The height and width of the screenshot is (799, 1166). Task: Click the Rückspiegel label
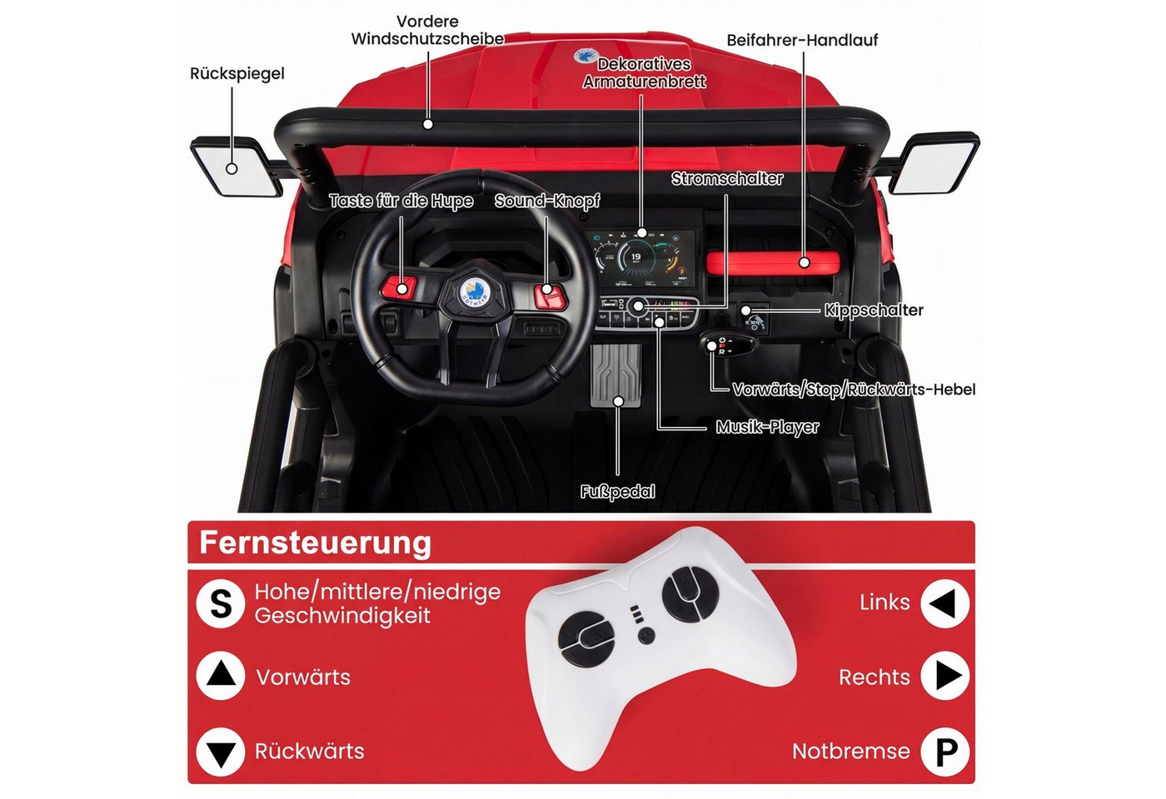[237, 74]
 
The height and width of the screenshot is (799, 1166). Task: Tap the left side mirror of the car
[236, 166]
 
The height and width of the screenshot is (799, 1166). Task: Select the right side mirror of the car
[934, 162]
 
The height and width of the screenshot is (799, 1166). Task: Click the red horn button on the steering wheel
[399, 287]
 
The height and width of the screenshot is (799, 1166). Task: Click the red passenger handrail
[773, 263]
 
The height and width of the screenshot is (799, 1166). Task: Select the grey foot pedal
[615, 375]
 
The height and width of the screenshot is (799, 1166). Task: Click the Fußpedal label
[617, 492]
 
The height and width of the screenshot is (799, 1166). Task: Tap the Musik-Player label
[767, 427]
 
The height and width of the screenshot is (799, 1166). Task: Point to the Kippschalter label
[874, 310]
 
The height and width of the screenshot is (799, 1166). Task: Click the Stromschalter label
[726, 178]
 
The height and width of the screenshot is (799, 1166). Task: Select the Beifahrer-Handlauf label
[802, 40]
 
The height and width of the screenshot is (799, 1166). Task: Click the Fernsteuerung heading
[316, 543]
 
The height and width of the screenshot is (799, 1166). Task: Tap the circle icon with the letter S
[221, 604]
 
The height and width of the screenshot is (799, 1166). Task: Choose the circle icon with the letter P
[944, 752]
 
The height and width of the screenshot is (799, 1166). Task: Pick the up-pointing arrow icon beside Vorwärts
[221, 676]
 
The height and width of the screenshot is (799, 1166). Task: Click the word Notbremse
[851, 752]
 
